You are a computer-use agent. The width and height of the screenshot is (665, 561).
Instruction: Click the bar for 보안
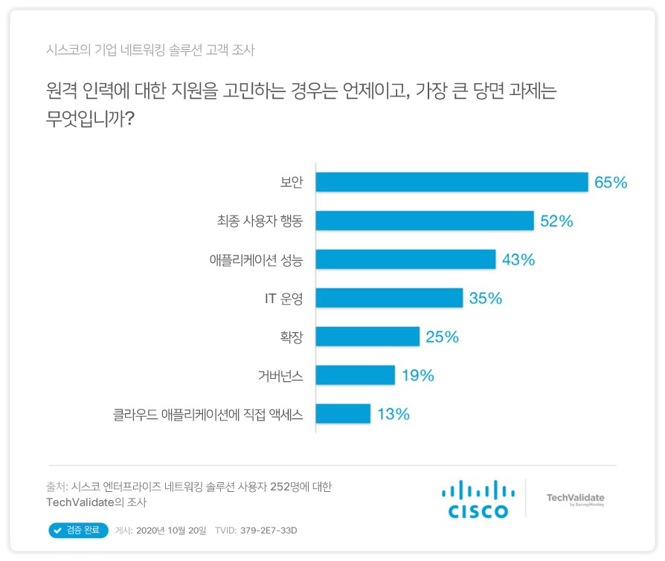452,182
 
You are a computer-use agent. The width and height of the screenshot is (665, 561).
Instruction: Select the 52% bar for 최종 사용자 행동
425,221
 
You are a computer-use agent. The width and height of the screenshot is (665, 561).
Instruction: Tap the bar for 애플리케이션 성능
405,259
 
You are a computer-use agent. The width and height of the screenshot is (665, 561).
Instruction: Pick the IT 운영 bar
389,298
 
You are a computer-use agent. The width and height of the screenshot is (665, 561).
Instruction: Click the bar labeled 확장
367,337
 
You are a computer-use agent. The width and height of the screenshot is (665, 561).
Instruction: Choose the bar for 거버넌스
355,375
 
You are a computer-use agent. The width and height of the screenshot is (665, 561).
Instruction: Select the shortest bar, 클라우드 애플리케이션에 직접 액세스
343,414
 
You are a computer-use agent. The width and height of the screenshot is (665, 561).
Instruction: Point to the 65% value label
611,182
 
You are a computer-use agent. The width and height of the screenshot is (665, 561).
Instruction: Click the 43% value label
518,259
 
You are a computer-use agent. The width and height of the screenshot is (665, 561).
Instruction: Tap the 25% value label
442,337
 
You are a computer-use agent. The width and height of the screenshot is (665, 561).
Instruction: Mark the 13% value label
393,414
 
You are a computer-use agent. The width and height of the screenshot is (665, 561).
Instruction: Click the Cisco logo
478,499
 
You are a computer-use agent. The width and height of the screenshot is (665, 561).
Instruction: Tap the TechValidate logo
575,499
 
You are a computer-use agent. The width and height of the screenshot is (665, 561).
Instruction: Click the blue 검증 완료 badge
78,531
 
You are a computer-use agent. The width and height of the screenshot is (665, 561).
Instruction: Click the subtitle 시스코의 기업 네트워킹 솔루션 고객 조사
150,51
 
